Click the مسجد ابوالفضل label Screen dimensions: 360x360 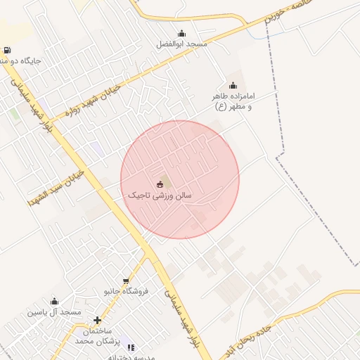coord(182,44)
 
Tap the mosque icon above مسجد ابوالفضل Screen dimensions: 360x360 coord(182,33)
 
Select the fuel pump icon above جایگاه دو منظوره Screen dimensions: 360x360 coord(7,50)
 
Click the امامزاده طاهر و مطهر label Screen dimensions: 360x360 coord(233,100)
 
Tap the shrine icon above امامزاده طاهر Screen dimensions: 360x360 coord(233,86)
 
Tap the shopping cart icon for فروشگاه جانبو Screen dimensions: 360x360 coord(126,280)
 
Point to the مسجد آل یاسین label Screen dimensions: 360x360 coord(54,311)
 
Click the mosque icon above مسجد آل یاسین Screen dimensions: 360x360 coord(54,301)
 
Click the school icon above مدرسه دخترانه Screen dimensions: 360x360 coord(131,347)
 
